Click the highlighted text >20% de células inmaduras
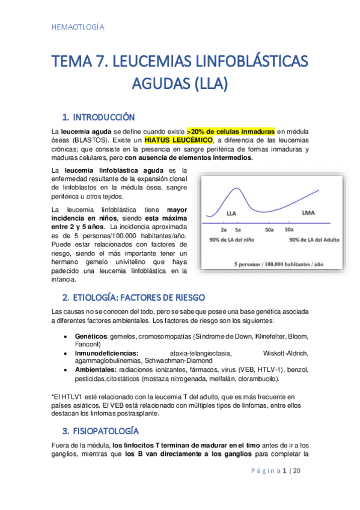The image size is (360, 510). (231, 131)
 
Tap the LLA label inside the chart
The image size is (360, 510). (231, 214)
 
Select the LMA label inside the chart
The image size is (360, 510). (310, 213)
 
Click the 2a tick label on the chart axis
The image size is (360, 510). (224, 230)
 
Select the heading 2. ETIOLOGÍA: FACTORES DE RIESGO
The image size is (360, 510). (133, 298)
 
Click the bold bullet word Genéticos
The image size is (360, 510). (91, 336)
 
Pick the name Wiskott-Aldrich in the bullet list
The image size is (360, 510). (285, 353)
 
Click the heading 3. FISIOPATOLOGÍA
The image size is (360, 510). (101, 431)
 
